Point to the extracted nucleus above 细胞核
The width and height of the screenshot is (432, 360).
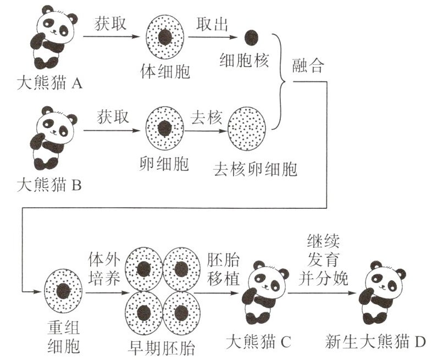[251, 37]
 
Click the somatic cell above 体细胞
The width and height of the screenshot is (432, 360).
[165, 38]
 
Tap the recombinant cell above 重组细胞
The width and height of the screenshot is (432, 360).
[64, 292]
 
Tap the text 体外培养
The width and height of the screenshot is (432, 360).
[103, 267]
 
